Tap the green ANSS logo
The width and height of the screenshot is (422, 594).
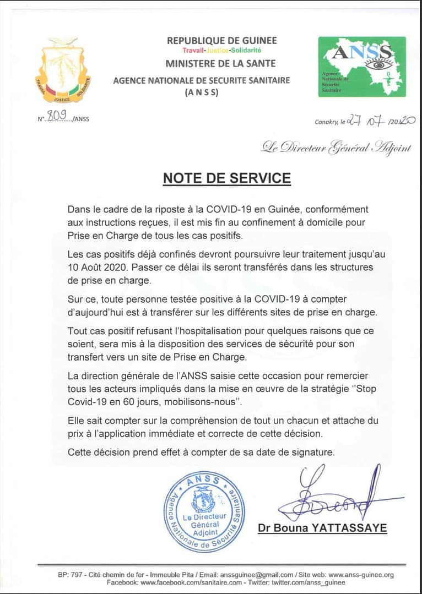point(362,67)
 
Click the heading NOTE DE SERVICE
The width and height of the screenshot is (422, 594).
point(226,178)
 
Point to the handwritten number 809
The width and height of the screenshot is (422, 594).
point(57,115)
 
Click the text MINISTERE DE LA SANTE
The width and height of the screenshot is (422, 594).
point(221,64)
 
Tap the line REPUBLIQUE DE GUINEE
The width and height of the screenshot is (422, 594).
point(222,41)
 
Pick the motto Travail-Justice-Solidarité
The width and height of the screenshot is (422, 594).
point(222,51)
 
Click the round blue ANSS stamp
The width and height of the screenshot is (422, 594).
point(204,513)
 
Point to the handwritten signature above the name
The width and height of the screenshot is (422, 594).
point(331,493)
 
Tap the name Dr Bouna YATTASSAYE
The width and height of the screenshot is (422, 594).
point(322,528)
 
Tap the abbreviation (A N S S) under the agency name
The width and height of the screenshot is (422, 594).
point(202,93)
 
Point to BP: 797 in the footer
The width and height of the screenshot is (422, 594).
point(69,575)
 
